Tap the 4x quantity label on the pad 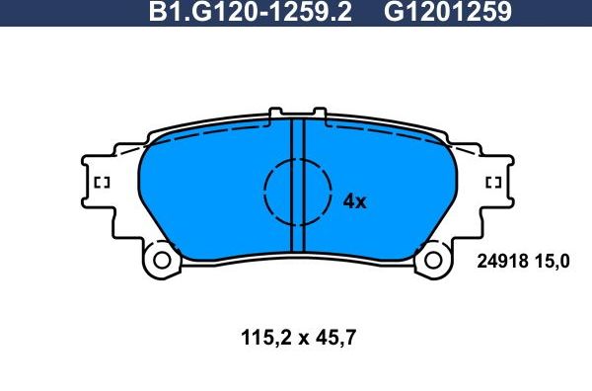[353, 201]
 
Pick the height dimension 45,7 [335, 338]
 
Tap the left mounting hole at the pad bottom [160, 263]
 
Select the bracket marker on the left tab [101, 182]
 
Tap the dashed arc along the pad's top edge [217, 138]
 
